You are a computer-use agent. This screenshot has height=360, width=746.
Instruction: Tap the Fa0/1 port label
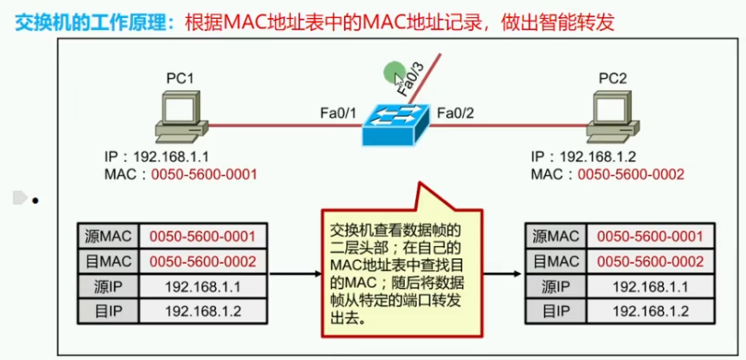pyautogui.click(x=335, y=112)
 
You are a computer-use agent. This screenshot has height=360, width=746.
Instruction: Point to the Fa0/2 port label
pyautogui.click(x=455, y=112)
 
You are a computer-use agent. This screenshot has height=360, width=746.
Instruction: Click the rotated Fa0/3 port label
pyautogui.click(x=410, y=76)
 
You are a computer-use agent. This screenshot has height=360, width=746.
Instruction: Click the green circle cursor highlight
pyautogui.click(x=394, y=72)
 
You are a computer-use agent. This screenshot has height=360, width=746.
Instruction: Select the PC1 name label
pyautogui.click(x=180, y=79)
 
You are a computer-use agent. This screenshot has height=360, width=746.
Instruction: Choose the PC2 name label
pyautogui.click(x=613, y=79)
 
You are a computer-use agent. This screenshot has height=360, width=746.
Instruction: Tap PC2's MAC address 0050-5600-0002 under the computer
pyautogui.click(x=632, y=174)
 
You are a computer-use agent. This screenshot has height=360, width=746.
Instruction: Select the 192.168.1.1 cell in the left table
pyautogui.click(x=202, y=285)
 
